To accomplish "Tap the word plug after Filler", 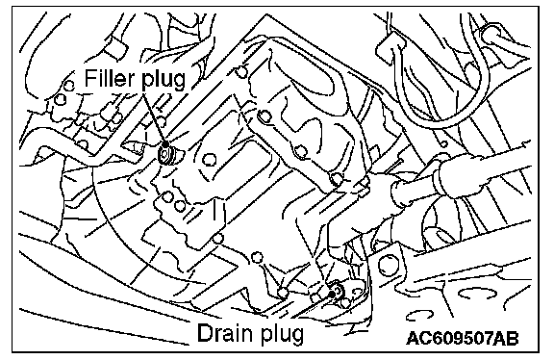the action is pyautogui.click(x=164, y=80).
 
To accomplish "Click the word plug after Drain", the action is pyautogui.click(x=282, y=335).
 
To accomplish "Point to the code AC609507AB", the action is pyautogui.click(x=463, y=339).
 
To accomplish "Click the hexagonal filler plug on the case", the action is pyautogui.click(x=165, y=155).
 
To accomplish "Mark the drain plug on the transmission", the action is pyautogui.click(x=336, y=291).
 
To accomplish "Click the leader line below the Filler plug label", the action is pyautogui.click(x=154, y=117).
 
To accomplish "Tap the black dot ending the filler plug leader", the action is pyautogui.click(x=165, y=144).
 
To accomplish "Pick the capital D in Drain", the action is pyautogui.click(x=205, y=332).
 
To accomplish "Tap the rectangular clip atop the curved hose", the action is pyautogui.click(x=390, y=48).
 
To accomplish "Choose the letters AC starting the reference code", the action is pyautogui.click(x=419, y=339).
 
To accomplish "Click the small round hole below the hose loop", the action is pyautogui.click(x=444, y=144).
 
